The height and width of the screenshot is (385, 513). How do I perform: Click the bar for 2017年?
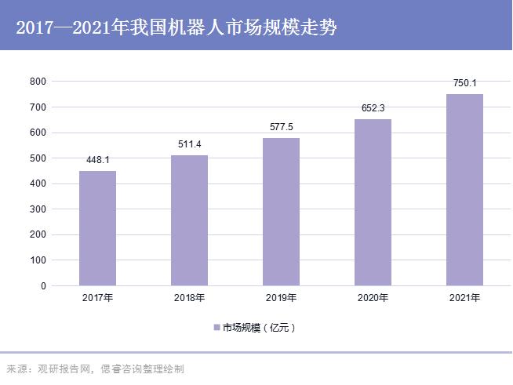point(97,228)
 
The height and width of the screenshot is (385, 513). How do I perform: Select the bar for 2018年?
point(189,220)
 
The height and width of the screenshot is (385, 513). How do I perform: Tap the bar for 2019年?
point(281,212)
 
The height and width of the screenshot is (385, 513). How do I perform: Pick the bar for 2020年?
point(373,202)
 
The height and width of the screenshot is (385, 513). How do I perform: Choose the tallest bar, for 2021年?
point(464,190)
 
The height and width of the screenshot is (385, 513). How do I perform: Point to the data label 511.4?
point(189,145)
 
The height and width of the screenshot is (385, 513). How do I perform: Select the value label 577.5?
point(281,128)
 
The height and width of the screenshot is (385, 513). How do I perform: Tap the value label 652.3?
point(373,109)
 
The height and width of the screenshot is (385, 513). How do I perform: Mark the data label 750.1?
point(464,83)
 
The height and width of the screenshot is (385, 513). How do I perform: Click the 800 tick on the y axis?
point(38,82)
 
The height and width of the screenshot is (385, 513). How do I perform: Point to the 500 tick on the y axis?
point(38,158)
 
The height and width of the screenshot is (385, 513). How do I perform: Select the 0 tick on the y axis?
point(43,286)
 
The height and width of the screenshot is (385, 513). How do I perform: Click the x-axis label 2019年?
point(281,298)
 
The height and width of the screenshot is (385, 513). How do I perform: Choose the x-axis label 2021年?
point(464,298)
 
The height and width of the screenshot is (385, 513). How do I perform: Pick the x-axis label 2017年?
point(97,298)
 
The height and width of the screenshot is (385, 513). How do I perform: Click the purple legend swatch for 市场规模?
point(216,327)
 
